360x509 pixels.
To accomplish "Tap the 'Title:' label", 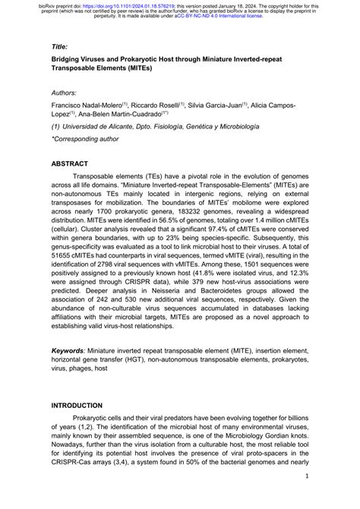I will pos(60,46).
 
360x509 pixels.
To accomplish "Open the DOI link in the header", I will pos(132,5).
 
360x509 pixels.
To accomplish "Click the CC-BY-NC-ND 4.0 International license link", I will pos(219,17).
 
